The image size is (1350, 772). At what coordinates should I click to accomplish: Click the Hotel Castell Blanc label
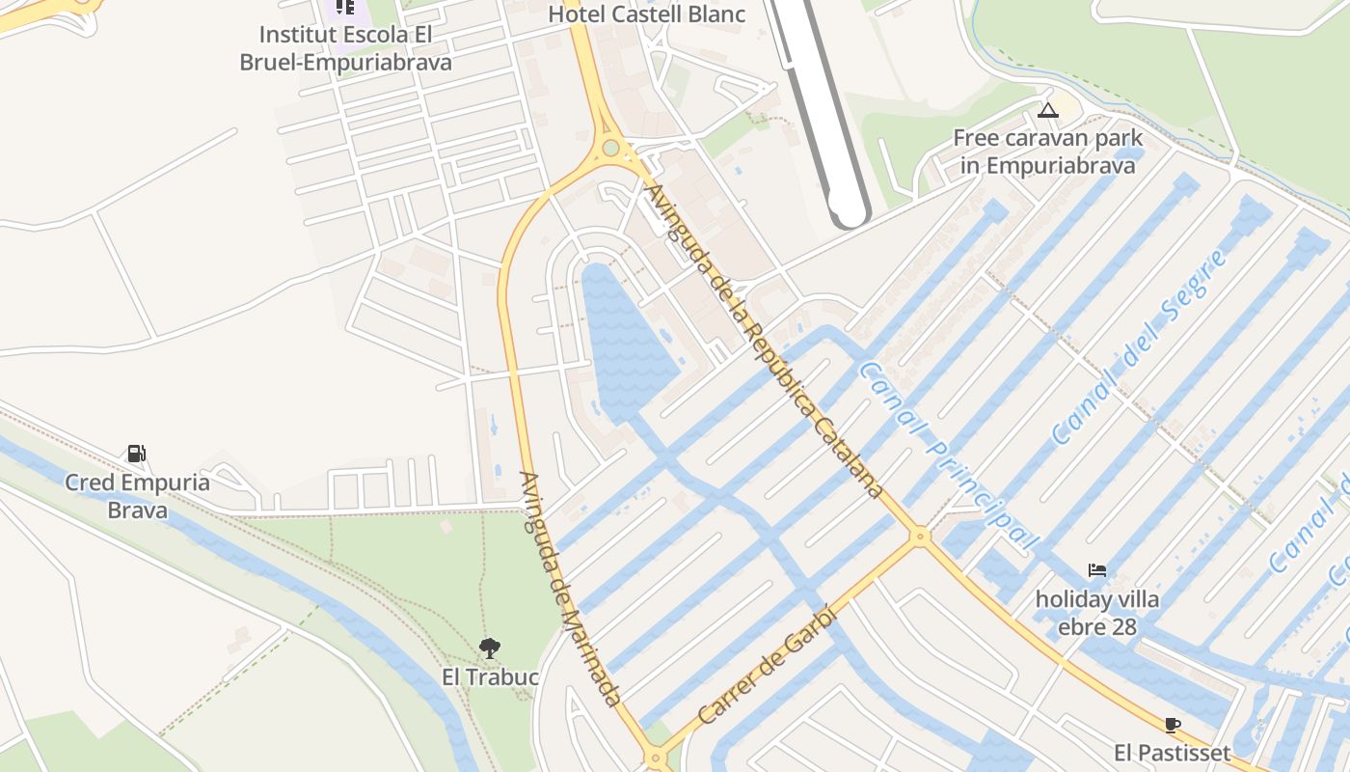(646, 14)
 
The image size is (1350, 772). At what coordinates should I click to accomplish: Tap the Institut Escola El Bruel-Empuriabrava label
(345, 48)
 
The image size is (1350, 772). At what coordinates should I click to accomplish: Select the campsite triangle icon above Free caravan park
(1048, 110)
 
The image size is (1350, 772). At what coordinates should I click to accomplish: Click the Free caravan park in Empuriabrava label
(1048, 152)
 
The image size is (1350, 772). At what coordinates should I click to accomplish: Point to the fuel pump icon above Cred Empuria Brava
(136, 453)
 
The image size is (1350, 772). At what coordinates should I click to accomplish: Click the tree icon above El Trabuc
(490, 648)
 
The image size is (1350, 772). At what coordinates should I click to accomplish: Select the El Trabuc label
(490, 677)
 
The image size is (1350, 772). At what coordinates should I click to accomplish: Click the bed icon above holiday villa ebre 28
(1096, 570)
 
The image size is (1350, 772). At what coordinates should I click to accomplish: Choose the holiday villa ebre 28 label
(1096, 614)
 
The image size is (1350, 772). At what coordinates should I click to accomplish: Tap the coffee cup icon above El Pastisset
(1173, 724)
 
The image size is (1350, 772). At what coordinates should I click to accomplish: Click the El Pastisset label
(1173, 753)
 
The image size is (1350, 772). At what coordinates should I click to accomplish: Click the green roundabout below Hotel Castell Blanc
(610, 149)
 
